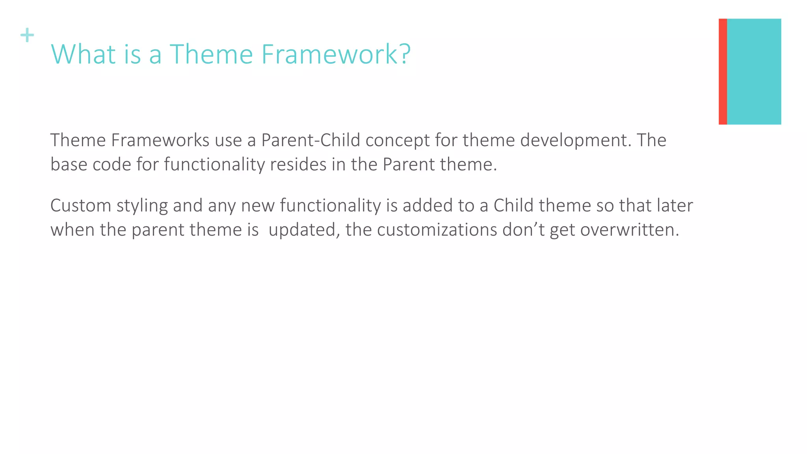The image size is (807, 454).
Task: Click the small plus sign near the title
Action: point(27,35)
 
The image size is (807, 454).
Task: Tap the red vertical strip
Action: point(722,71)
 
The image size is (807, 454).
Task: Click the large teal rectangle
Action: point(753,71)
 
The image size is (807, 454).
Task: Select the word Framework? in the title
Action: point(336,54)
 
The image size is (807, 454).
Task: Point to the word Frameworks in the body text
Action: point(160,140)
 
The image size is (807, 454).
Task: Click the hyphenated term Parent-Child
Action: point(311,140)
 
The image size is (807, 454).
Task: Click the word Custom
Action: point(81,206)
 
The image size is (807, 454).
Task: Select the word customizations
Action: point(437,230)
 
